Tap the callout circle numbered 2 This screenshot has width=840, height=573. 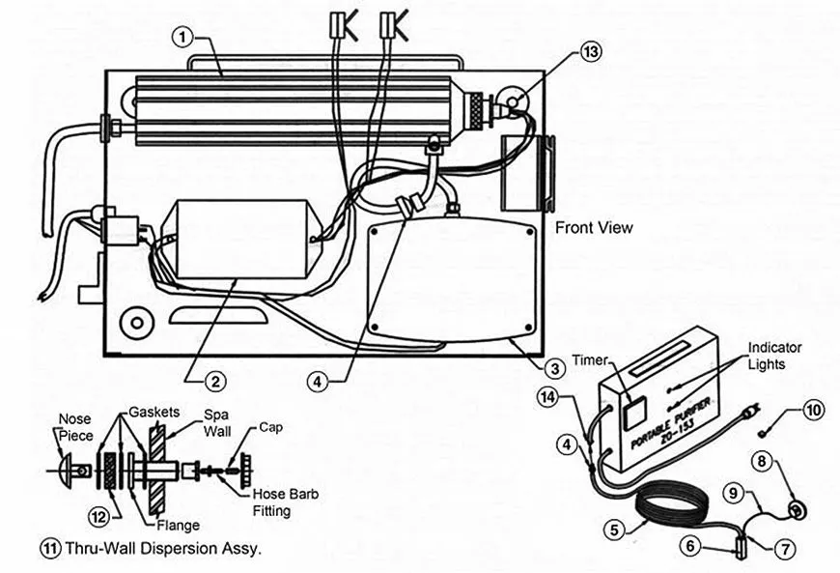(x=218, y=381)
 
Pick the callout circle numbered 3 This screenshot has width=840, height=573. (x=554, y=367)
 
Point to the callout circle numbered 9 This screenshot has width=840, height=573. (x=735, y=492)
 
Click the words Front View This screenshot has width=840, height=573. (x=594, y=228)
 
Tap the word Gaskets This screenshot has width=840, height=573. (x=151, y=411)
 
